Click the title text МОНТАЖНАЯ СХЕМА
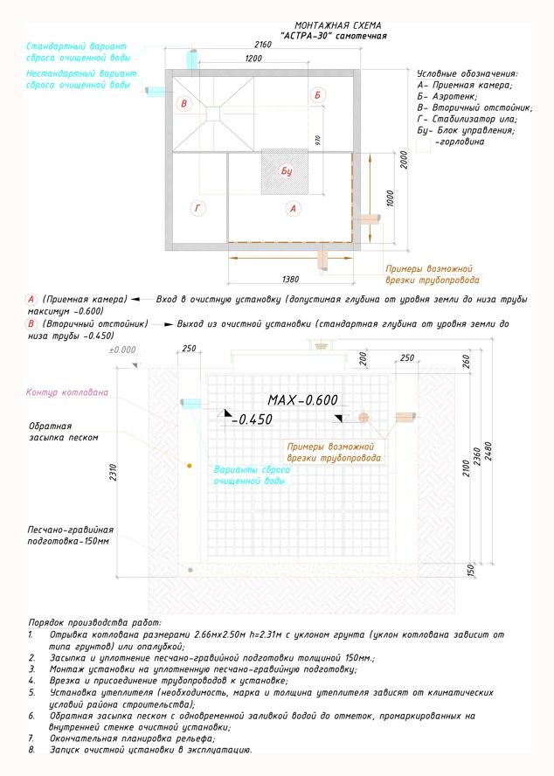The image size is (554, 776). coord(337,26)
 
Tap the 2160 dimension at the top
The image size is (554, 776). coord(263,44)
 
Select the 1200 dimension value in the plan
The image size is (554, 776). coord(254,58)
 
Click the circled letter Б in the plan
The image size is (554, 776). coord(319,94)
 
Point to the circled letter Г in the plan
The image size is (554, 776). coord(197,207)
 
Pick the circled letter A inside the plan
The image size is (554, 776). coord(294,208)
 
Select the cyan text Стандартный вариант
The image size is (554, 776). coord(77,45)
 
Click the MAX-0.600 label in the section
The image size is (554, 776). coord(302,399)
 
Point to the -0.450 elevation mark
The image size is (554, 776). coord(253,419)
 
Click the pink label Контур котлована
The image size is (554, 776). coord(67,392)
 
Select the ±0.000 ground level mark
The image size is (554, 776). coord(122,350)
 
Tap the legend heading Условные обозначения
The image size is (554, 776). coord(467,74)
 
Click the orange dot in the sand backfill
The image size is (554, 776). coord(190,466)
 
